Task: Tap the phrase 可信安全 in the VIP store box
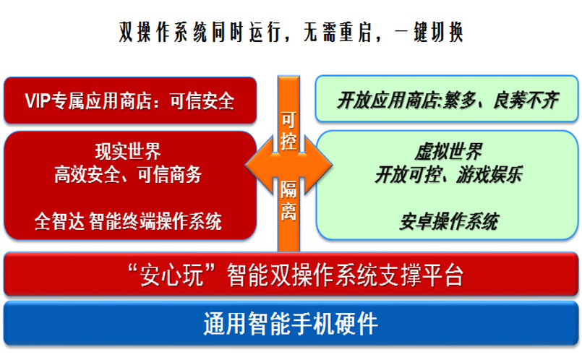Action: coord(202,101)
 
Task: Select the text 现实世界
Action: coord(129,151)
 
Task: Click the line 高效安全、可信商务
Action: coord(129,174)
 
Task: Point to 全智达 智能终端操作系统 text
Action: coord(129,222)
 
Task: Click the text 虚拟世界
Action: coord(448,151)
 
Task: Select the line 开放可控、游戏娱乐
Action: coord(448,174)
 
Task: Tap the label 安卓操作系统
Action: coord(448,222)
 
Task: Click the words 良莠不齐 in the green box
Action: coord(526,100)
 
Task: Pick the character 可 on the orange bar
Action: coord(288,120)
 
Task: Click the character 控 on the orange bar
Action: coord(288,142)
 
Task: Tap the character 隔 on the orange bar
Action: coord(288,189)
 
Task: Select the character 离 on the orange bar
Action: coord(288,212)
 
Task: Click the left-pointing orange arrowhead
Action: coord(259,165)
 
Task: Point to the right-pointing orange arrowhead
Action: coord(318,165)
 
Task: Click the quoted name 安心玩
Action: coord(171,275)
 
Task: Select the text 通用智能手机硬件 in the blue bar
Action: coord(291,324)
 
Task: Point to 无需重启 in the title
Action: coord(338,33)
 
